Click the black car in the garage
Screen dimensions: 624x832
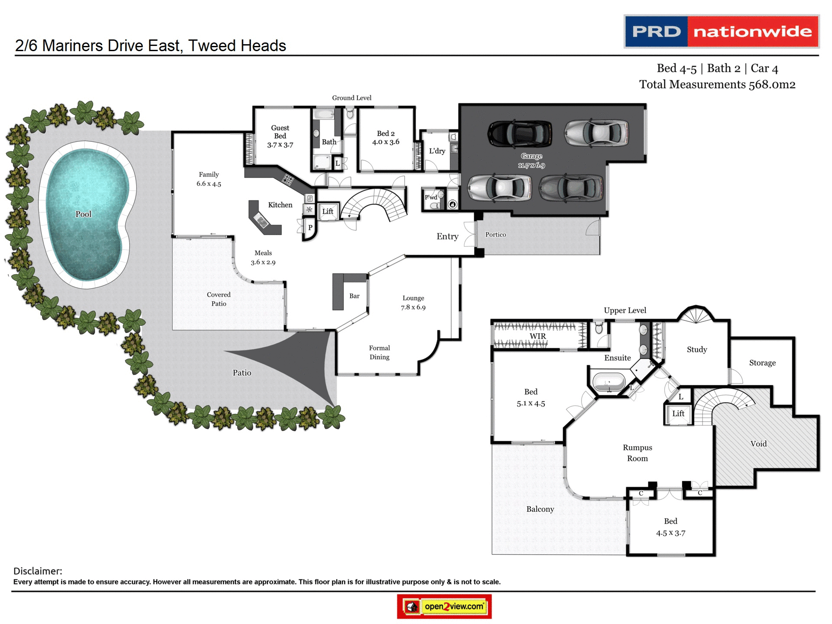520,133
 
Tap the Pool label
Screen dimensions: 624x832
83,214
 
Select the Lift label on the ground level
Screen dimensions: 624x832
328,211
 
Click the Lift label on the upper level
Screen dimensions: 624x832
678,413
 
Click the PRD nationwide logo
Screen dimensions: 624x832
721,32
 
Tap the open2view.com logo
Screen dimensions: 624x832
445,606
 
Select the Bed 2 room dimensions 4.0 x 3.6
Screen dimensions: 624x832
386,142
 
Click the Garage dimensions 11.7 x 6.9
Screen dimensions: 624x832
531,165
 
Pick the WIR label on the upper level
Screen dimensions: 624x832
538,336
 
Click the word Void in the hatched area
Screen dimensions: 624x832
758,444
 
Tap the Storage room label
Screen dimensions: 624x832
762,363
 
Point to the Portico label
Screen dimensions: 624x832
495,234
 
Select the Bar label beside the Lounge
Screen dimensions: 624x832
354,296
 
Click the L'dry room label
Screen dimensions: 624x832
437,151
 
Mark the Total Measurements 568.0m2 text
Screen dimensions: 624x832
717,84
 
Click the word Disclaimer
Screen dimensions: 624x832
38,571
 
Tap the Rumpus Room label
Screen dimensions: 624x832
637,453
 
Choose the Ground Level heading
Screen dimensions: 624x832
351,98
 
